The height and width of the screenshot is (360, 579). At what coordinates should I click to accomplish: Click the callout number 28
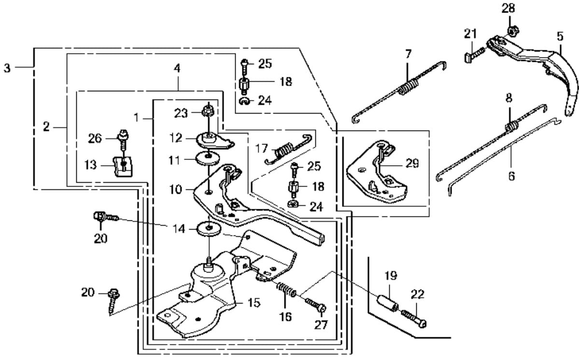click(508, 8)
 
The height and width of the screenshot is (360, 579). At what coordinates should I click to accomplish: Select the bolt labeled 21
click(472, 55)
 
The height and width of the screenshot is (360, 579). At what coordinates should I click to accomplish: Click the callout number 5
click(560, 36)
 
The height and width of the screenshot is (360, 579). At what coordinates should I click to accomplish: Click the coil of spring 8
click(510, 127)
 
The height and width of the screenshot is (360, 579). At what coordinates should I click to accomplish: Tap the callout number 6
click(511, 175)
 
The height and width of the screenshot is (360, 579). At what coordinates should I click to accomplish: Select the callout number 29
click(412, 163)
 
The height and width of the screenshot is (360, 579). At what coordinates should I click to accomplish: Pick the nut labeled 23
click(208, 111)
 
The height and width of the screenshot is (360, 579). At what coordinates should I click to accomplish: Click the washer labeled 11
click(207, 158)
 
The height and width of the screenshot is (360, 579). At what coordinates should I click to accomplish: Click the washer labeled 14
click(208, 229)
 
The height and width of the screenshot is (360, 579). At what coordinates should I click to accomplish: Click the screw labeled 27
click(315, 305)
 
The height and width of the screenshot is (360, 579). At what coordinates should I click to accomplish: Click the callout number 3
click(7, 68)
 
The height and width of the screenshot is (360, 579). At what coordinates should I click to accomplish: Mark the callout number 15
click(254, 303)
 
